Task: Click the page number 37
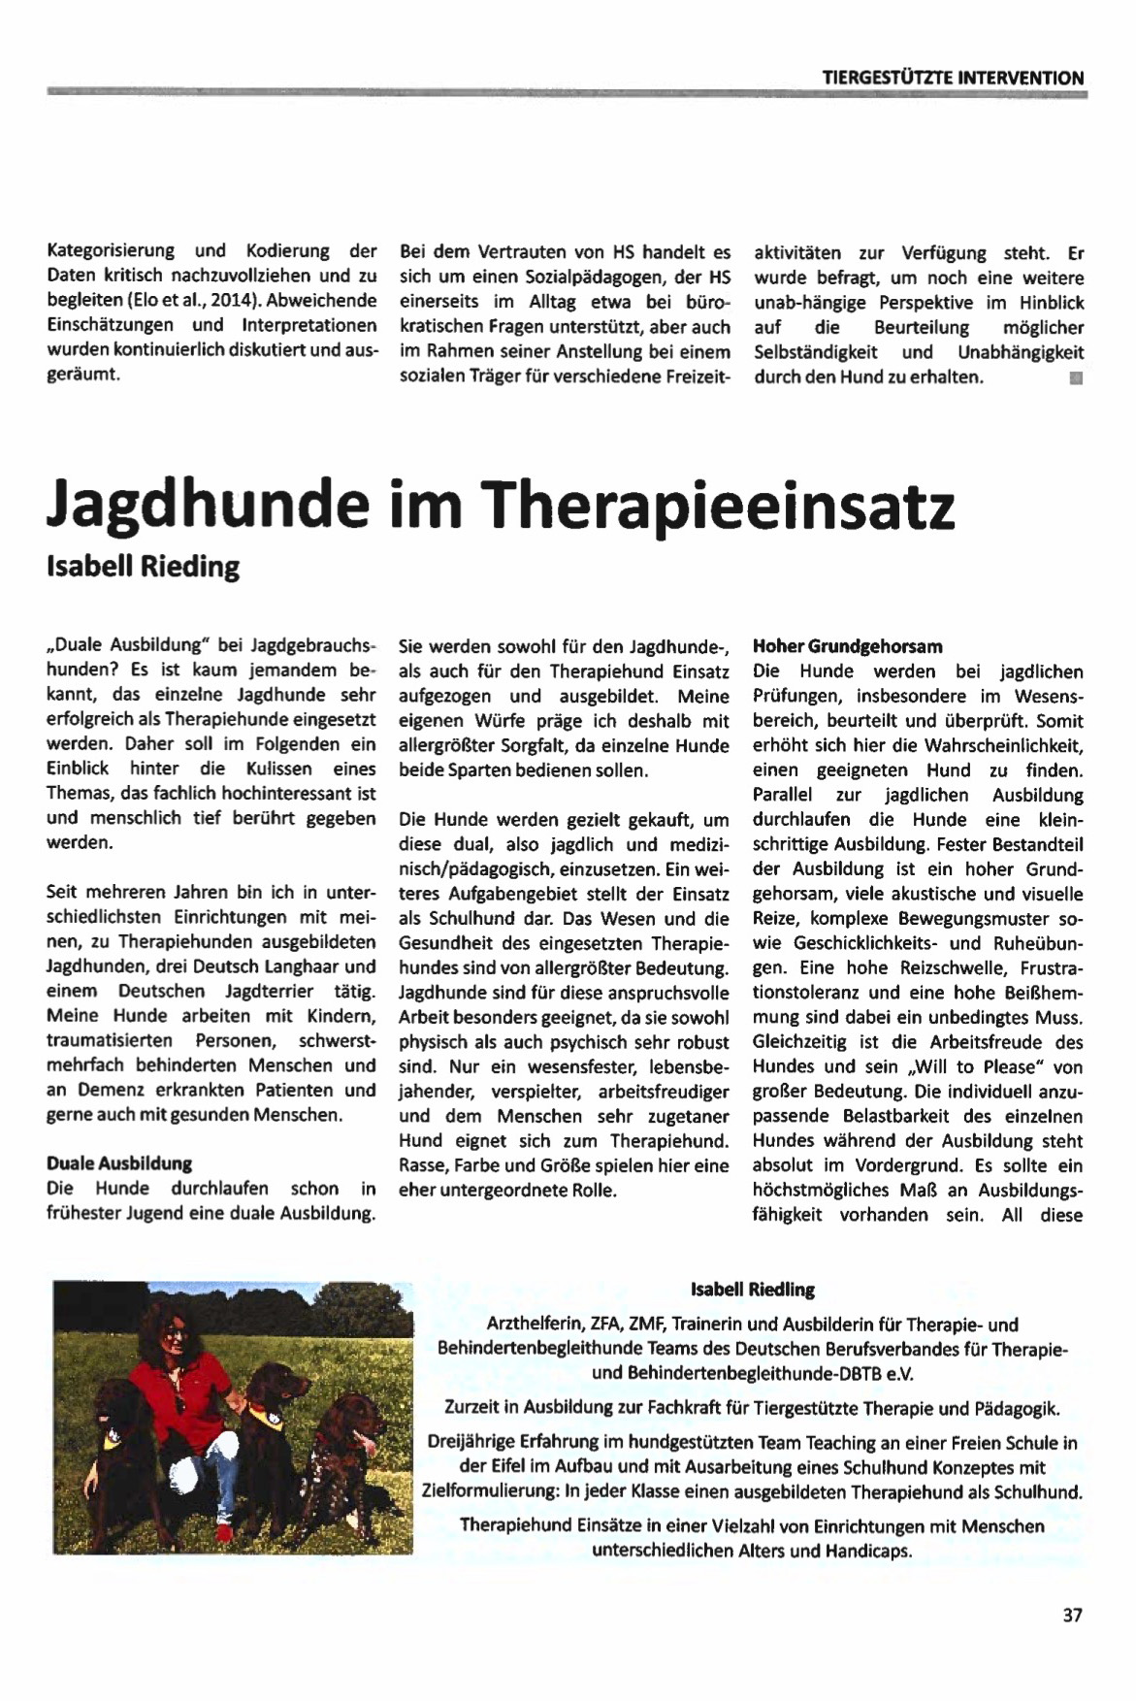[1072, 1615]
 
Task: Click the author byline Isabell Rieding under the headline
[143, 566]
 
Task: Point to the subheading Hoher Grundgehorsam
[847, 646]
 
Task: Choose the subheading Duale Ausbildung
[119, 1163]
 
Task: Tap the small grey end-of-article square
[1075, 377]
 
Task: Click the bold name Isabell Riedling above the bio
[752, 1290]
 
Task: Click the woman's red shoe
[224, 1532]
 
